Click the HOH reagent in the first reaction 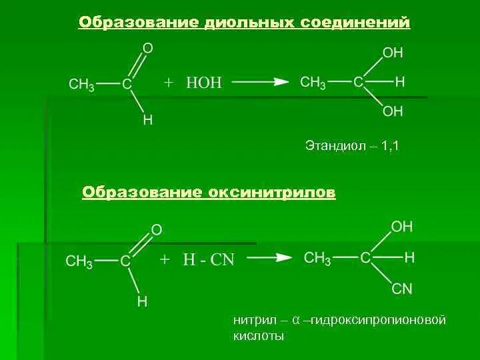coord(204,83)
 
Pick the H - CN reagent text coord(209,260)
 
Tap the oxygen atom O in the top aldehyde coord(148,48)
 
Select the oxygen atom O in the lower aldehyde coord(157,230)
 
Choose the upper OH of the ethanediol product coord(393,52)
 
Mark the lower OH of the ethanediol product coord(393,112)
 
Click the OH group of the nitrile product coord(401,227)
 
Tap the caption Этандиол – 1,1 coord(351,145)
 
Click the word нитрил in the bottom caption coord(253,320)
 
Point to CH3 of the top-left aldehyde coord(81,85)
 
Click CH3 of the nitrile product coord(317,258)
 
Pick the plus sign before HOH coord(169,83)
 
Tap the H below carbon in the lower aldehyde coord(143,301)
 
